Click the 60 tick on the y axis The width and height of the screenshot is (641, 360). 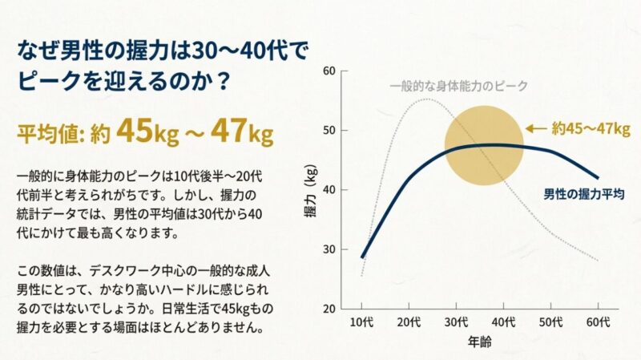point(329,71)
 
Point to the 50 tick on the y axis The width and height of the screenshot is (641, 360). point(329,130)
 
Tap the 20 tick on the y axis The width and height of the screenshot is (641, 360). point(329,309)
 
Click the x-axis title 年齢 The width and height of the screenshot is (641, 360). point(479,343)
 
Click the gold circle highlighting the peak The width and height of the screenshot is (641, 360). point(483,147)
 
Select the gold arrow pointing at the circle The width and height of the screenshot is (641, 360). point(536,128)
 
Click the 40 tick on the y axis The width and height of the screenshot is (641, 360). point(329,190)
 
